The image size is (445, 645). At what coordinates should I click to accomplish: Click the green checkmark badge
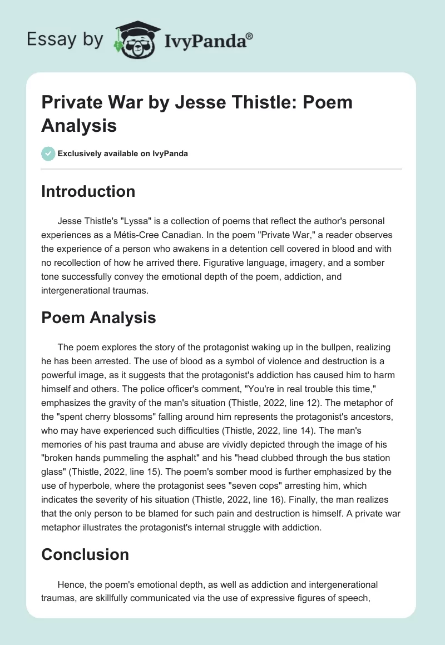click(x=48, y=153)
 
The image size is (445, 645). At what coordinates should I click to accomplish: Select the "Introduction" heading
click(x=88, y=191)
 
